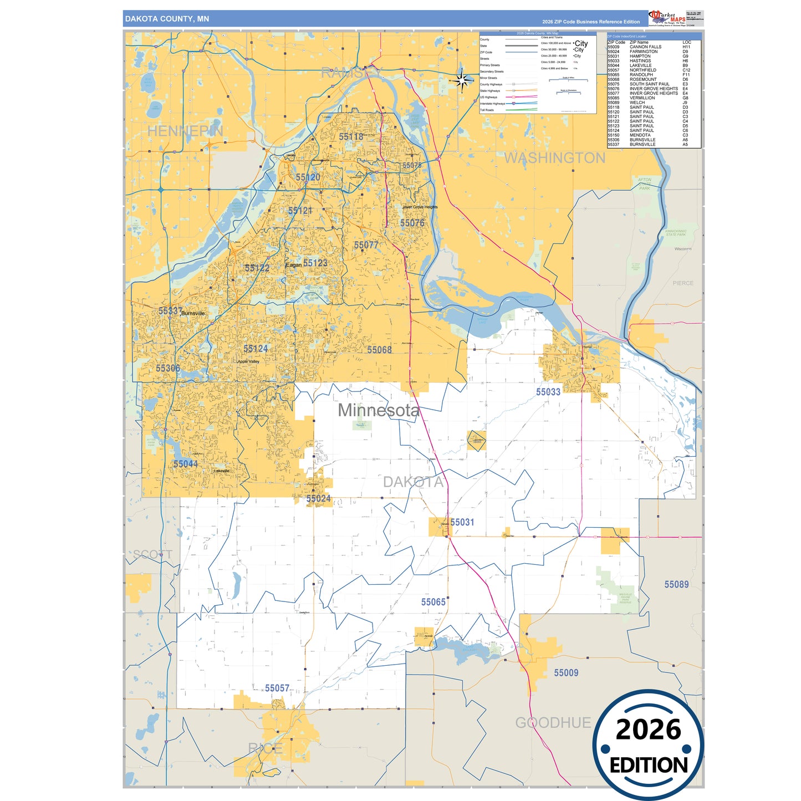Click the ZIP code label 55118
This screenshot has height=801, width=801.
pyautogui.click(x=351, y=136)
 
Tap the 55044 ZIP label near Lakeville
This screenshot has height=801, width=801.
pyautogui.click(x=185, y=464)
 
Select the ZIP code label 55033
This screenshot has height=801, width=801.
pyautogui.click(x=548, y=392)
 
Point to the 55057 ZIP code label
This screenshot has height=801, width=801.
pyautogui.click(x=277, y=688)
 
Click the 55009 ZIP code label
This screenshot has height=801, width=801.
pyautogui.click(x=566, y=672)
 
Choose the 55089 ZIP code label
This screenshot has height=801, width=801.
pyautogui.click(x=676, y=584)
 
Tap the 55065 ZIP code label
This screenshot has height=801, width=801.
pyautogui.click(x=433, y=602)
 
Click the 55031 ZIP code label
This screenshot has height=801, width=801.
pyautogui.click(x=462, y=522)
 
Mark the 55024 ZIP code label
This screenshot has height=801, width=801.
pyautogui.click(x=318, y=498)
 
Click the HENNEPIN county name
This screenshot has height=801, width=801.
pyautogui.click(x=185, y=131)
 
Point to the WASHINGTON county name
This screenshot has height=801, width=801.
pyautogui.click(x=554, y=158)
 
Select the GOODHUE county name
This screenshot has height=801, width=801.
pyautogui.click(x=553, y=723)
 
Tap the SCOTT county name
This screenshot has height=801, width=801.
pyautogui.click(x=152, y=554)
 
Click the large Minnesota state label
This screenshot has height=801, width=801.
pyautogui.click(x=379, y=410)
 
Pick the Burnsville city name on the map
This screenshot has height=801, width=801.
pyautogui.click(x=193, y=314)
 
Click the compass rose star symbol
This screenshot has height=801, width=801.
pyautogui.click(x=461, y=81)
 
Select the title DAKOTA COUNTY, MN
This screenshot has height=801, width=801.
pyautogui.click(x=167, y=19)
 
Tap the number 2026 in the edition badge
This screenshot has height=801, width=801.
pyautogui.click(x=648, y=729)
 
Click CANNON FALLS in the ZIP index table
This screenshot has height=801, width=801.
pyautogui.click(x=645, y=47)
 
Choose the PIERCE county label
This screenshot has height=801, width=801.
pyautogui.click(x=683, y=283)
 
